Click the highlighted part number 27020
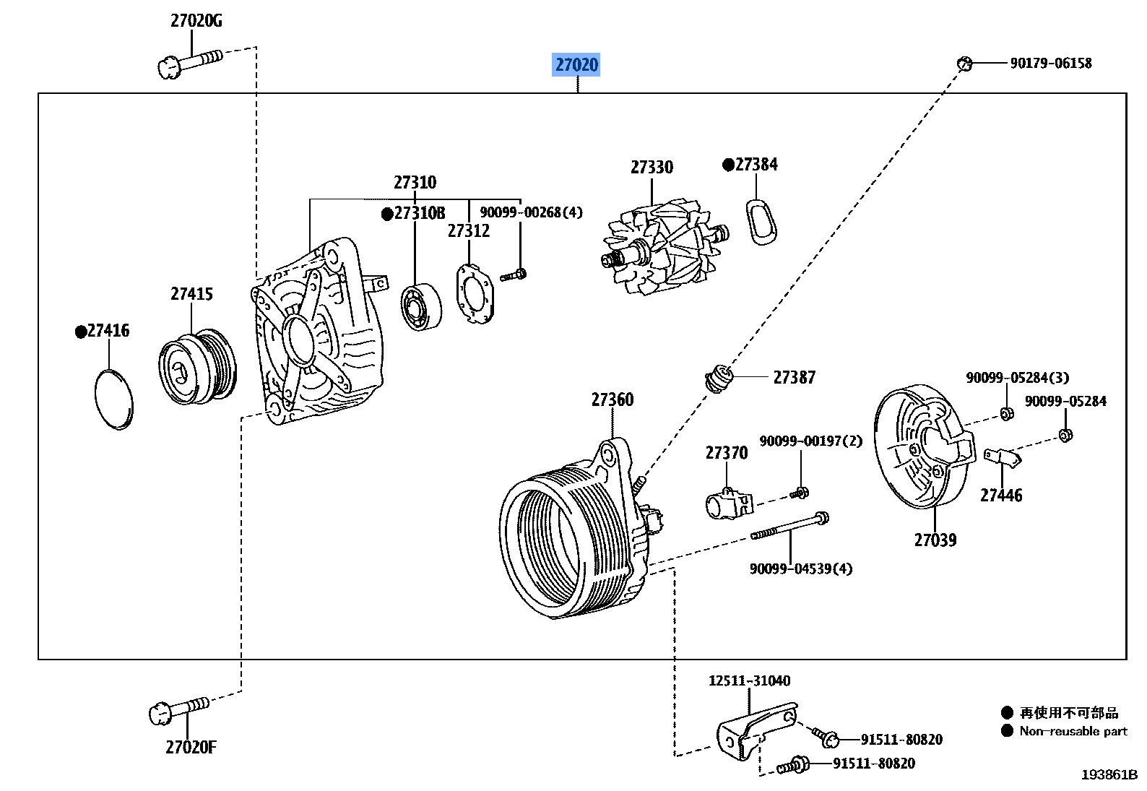tap(576, 65)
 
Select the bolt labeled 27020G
tap(189, 61)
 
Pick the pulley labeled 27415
tap(197, 368)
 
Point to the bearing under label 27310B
tap(421, 307)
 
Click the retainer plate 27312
tap(475, 293)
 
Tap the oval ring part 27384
tap(760, 220)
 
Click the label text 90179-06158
tap(1050, 64)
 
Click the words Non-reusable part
tap(1073, 731)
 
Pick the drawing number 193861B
tap(1109, 775)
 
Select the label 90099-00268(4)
tap(530, 212)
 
